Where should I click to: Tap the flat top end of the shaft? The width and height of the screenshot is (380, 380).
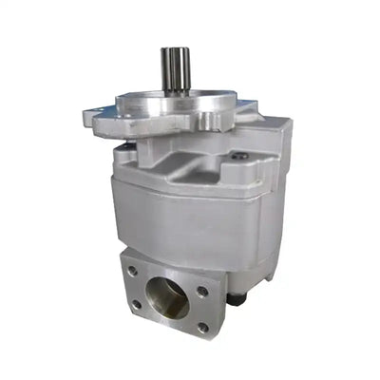pyautogui.click(x=174, y=49)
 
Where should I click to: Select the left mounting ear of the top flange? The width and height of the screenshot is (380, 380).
pyautogui.click(x=96, y=119)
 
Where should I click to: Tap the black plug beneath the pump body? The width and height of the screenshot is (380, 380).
pyautogui.click(x=236, y=300)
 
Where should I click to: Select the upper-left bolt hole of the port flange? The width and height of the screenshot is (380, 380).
pyautogui.click(x=133, y=271)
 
